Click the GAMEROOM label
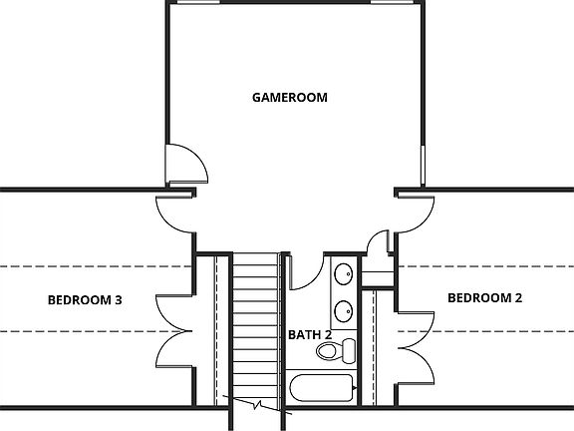[x=290, y=97]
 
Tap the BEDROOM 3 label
[x=84, y=299]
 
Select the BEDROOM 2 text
[x=484, y=297]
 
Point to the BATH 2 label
[x=310, y=335]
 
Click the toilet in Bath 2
[x=337, y=350]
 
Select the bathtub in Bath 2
[x=320, y=391]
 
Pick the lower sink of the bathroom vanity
[x=342, y=310]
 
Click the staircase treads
[x=257, y=319]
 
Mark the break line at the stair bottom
[x=258, y=406]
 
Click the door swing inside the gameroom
[x=187, y=163]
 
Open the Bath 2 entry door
[x=305, y=271]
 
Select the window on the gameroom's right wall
[x=425, y=165]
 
